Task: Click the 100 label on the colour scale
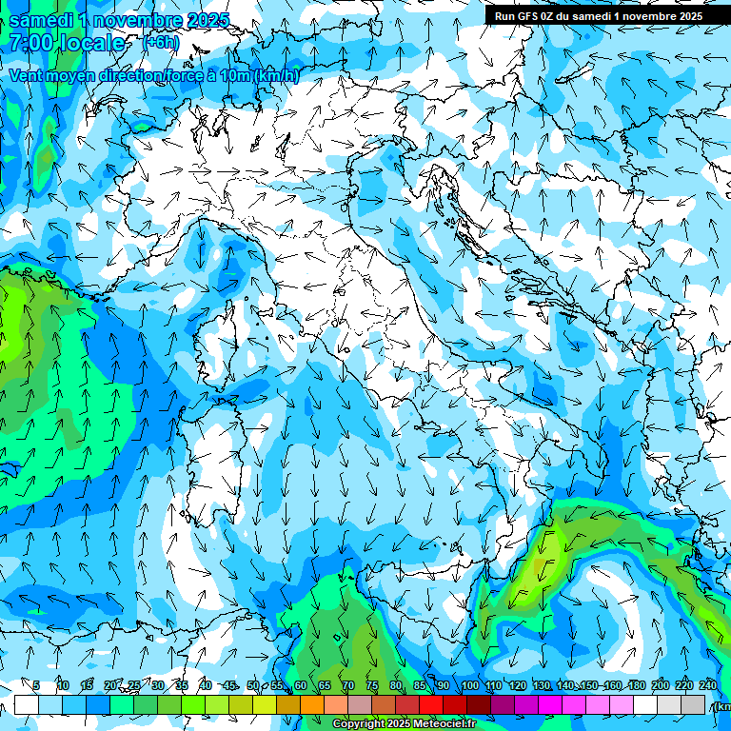click(470, 685)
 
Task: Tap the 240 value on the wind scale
click(708, 685)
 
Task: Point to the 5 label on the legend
click(36, 685)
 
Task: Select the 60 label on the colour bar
click(300, 685)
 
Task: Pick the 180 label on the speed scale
click(637, 685)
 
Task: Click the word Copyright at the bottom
click(359, 724)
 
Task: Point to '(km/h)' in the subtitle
click(277, 76)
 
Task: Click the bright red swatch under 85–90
click(431, 704)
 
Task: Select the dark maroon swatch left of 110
click(479, 704)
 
